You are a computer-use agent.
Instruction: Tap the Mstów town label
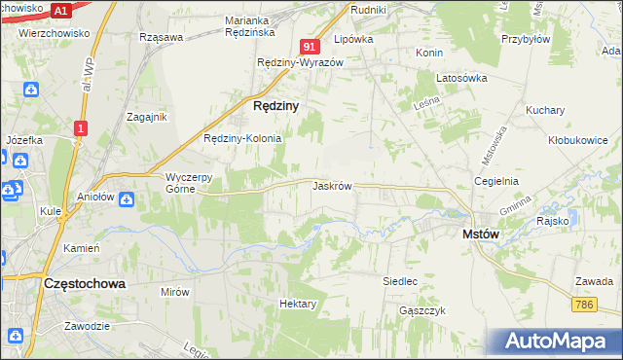click(x=481, y=234)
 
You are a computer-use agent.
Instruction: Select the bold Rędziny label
click(x=275, y=104)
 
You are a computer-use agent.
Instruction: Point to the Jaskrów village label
click(x=332, y=185)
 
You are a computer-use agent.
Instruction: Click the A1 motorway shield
click(x=60, y=11)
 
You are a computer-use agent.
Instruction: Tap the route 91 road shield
click(x=311, y=46)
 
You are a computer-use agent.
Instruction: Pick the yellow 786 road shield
click(x=584, y=305)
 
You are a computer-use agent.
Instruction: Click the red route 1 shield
click(x=81, y=127)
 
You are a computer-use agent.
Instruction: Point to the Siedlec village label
click(x=400, y=281)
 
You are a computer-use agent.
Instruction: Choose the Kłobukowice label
click(x=577, y=139)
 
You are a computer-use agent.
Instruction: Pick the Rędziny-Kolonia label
click(x=241, y=138)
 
